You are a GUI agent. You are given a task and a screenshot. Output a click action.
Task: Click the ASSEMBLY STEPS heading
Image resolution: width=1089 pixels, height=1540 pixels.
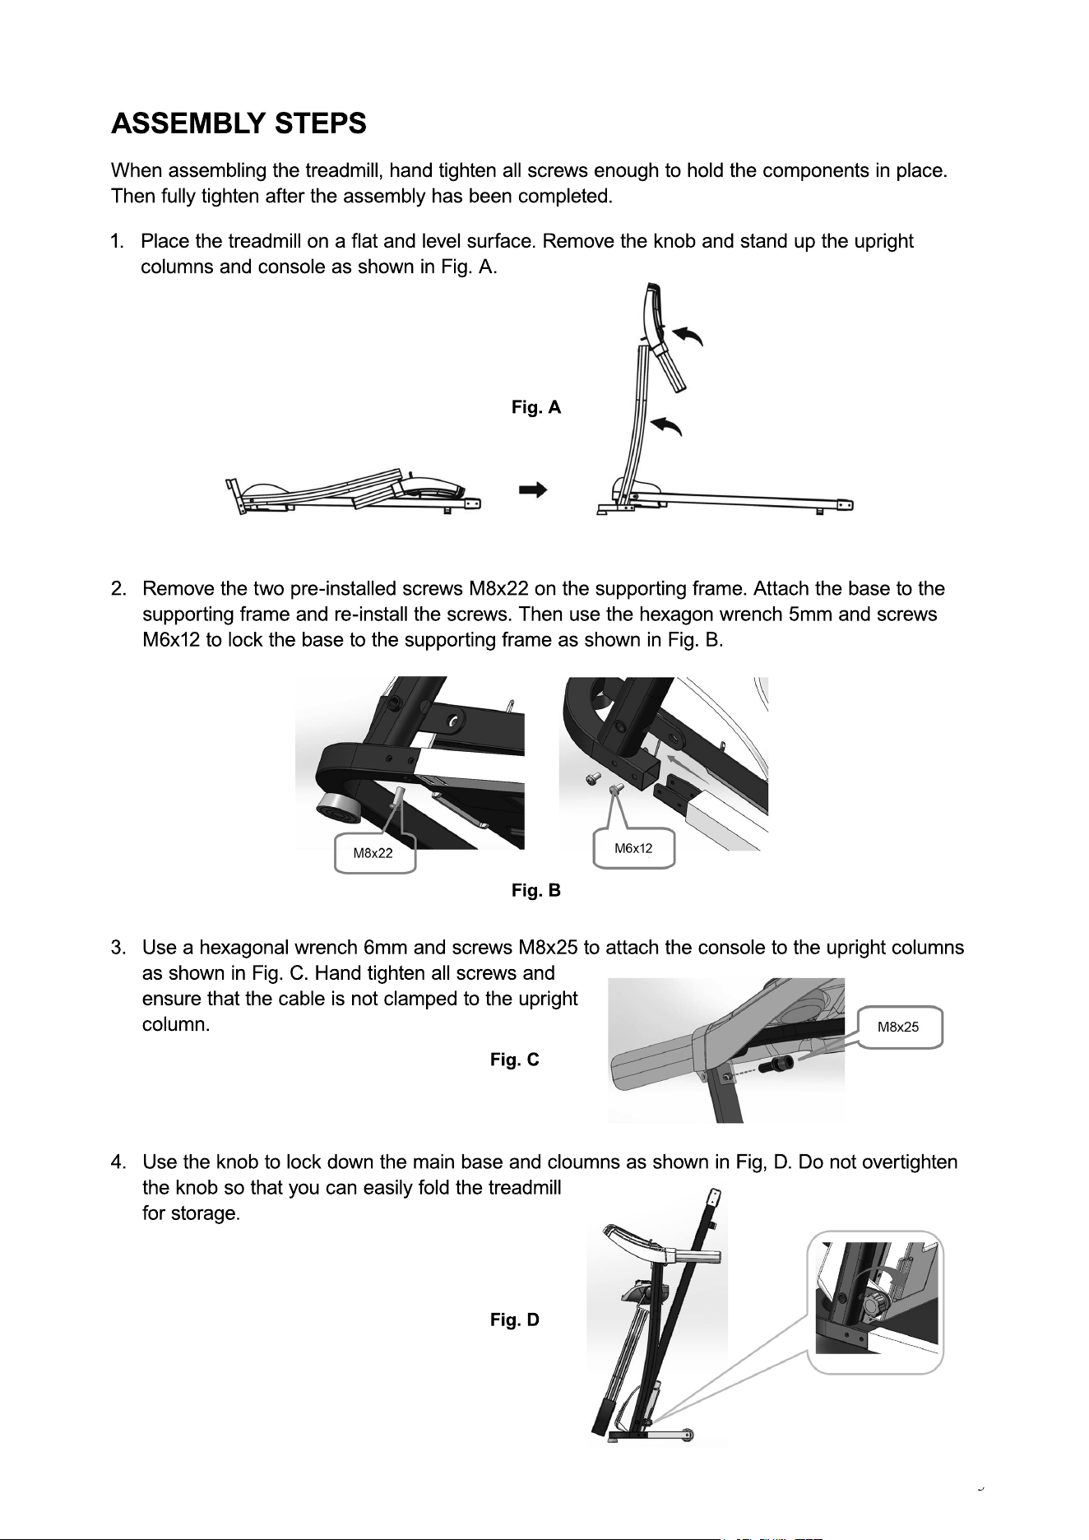click(239, 124)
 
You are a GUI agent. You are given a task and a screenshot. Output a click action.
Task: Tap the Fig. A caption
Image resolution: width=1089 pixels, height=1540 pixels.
click(536, 407)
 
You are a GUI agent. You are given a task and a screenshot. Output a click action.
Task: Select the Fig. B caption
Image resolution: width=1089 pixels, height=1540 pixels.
click(536, 890)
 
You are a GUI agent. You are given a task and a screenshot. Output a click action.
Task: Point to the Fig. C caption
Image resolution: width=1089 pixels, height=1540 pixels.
click(515, 1060)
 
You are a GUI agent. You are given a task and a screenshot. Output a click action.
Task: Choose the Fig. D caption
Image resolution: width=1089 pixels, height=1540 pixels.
click(515, 1320)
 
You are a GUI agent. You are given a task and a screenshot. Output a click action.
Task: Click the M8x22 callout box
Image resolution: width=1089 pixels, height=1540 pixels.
click(374, 853)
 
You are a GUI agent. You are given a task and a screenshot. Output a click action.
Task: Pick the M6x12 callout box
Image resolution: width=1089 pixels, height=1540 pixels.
click(633, 848)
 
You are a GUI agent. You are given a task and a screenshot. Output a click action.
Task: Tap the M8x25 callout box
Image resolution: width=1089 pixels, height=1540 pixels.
click(899, 1027)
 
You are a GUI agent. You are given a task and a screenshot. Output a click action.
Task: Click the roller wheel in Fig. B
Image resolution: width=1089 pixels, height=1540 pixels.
click(338, 808)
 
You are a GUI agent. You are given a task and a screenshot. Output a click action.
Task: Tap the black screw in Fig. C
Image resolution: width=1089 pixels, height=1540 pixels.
click(778, 1065)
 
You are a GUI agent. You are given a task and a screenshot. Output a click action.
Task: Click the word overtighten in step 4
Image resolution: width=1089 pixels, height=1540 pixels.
click(909, 1163)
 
